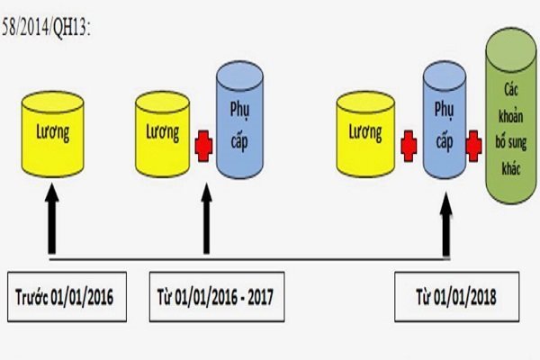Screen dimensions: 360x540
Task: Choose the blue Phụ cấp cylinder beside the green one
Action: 443,121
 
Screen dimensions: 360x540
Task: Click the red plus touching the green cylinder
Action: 472,142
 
